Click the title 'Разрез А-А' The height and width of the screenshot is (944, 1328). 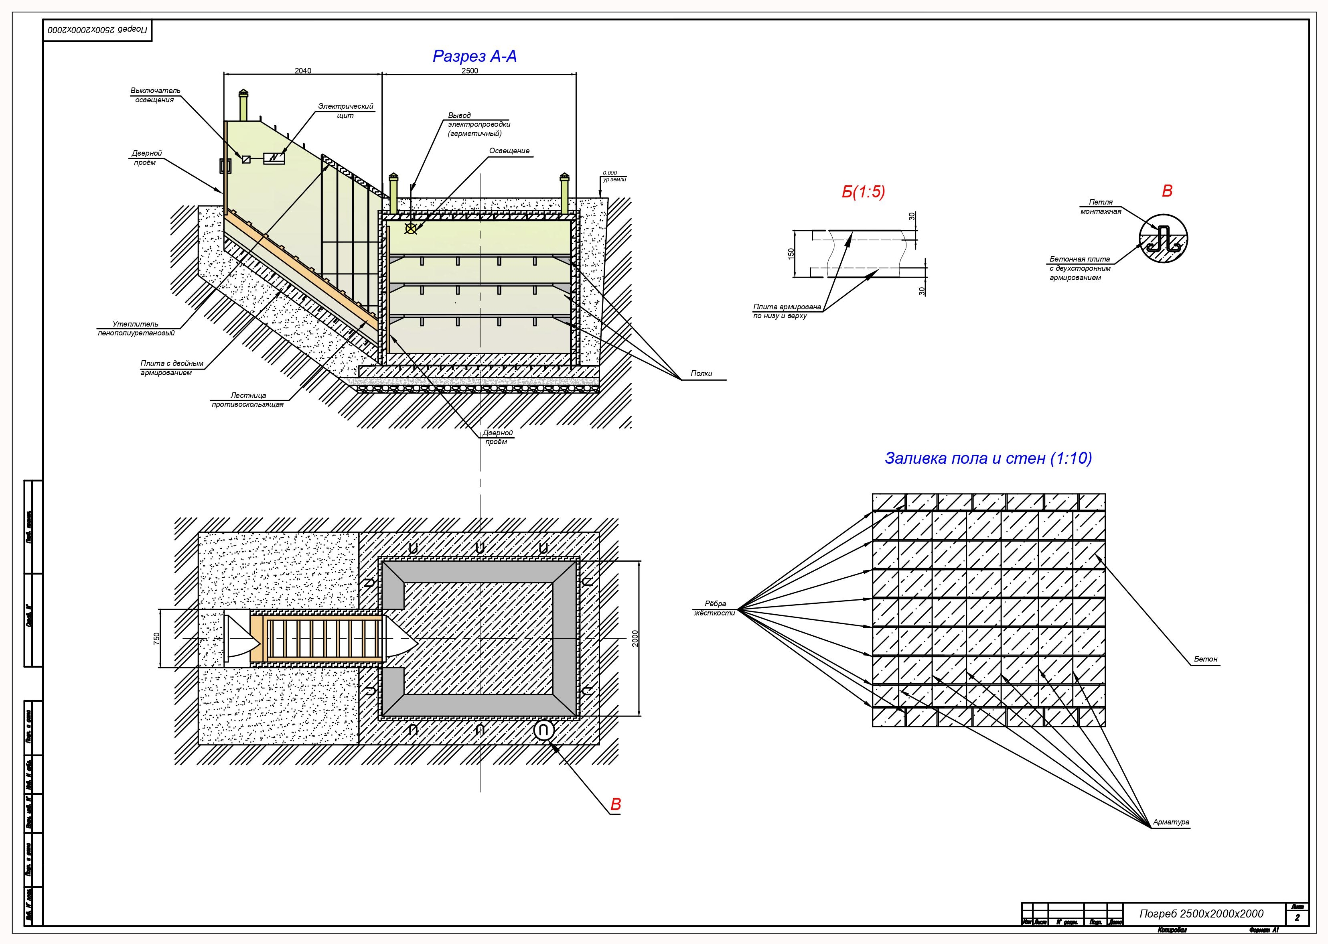(x=474, y=57)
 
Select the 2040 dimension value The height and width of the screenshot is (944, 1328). (x=303, y=71)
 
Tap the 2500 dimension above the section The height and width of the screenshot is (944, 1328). (x=470, y=71)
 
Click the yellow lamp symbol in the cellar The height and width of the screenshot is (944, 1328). (x=411, y=228)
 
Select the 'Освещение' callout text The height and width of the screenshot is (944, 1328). (x=509, y=151)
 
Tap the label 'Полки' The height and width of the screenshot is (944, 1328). (x=701, y=374)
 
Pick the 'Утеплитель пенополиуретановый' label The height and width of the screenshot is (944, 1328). (x=136, y=329)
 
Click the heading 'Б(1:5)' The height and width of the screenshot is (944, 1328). (x=863, y=193)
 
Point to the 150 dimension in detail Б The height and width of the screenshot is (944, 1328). (x=791, y=254)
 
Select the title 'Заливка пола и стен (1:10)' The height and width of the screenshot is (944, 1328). (x=988, y=458)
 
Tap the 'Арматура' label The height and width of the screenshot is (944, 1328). (x=1171, y=822)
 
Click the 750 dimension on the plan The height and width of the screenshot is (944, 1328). (x=156, y=638)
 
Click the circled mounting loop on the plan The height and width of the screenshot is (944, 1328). (x=543, y=731)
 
